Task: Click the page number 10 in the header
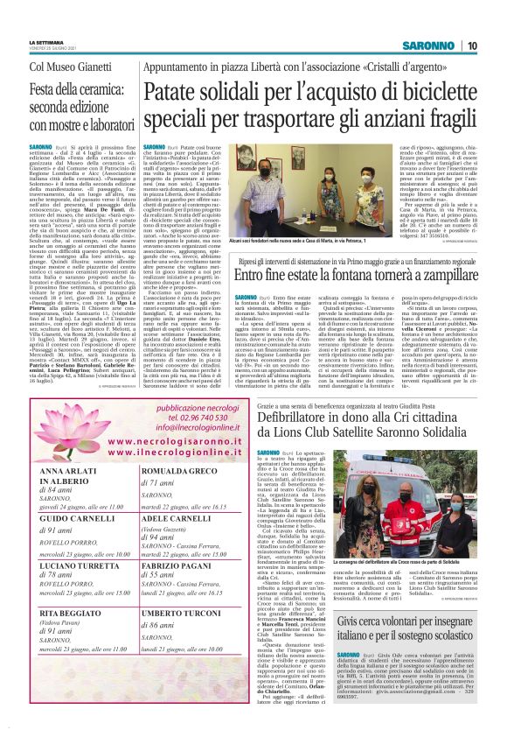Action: point(494,46)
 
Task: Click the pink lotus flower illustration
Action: point(53,406)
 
